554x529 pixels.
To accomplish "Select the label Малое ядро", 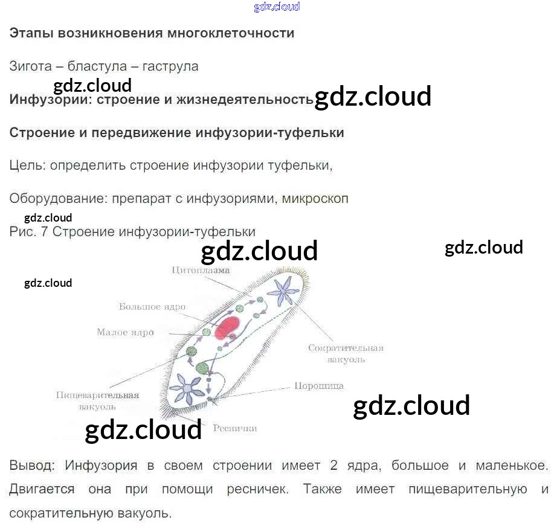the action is tap(125, 332).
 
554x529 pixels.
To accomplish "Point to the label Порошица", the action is tap(319, 386).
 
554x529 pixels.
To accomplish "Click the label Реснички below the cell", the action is tap(234, 428).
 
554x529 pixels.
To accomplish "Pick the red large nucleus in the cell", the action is tap(228, 328).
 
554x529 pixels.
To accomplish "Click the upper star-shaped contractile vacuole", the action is tap(282, 291).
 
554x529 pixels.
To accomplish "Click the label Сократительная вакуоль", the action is tap(346, 353).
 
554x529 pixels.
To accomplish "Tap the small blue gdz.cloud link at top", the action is tap(277, 7).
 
